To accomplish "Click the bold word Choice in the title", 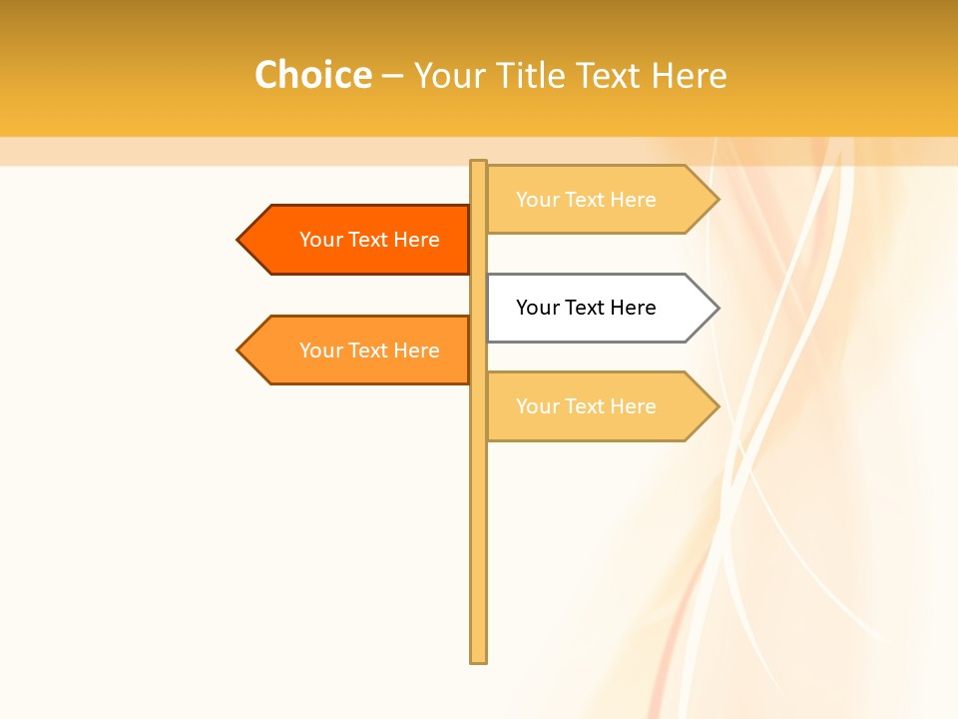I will point(312,76).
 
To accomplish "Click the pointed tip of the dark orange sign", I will point(239,240).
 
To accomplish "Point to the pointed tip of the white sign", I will point(717,308).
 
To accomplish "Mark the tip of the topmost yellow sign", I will point(717,200).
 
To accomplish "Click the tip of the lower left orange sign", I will point(239,351).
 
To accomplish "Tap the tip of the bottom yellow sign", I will point(717,406).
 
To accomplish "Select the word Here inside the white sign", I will point(633,308).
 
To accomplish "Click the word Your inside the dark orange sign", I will point(321,240).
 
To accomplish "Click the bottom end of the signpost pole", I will point(478,659).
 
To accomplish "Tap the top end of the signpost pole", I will point(478,164).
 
